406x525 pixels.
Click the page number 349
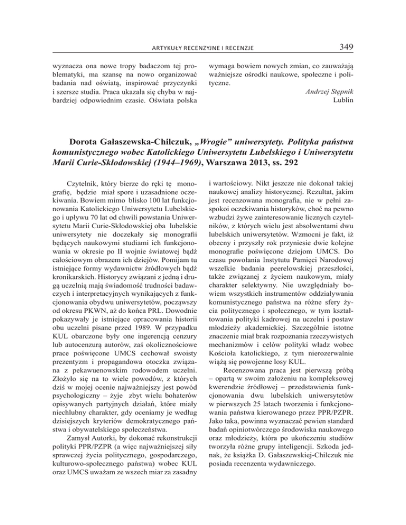[x=347, y=48]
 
